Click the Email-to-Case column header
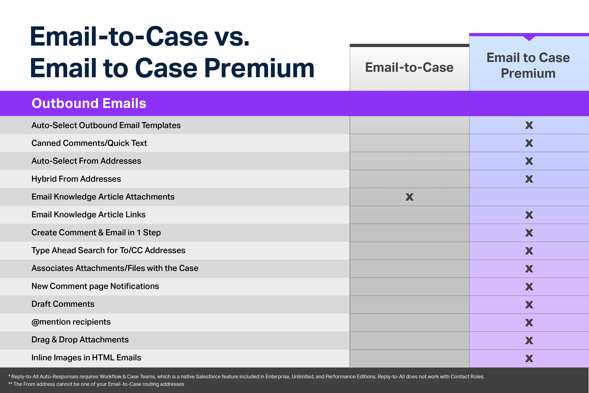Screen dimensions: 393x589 click(x=409, y=67)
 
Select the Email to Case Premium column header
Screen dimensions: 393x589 click(x=528, y=65)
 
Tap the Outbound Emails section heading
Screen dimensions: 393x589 click(x=89, y=103)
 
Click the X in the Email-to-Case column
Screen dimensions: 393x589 click(x=409, y=197)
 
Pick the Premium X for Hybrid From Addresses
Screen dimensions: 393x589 click(x=529, y=179)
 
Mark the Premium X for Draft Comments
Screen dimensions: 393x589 click(x=529, y=304)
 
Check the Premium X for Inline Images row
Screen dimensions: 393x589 click(x=529, y=358)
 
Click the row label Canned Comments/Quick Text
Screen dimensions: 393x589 click(x=89, y=143)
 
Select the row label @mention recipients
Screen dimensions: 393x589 click(x=71, y=322)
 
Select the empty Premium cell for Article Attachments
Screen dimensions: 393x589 click(x=529, y=197)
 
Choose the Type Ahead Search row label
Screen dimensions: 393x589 click(x=108, y=250)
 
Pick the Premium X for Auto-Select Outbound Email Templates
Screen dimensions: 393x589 click(x=529, y=125)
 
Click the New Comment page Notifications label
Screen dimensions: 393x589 click(x=95, y=286)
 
